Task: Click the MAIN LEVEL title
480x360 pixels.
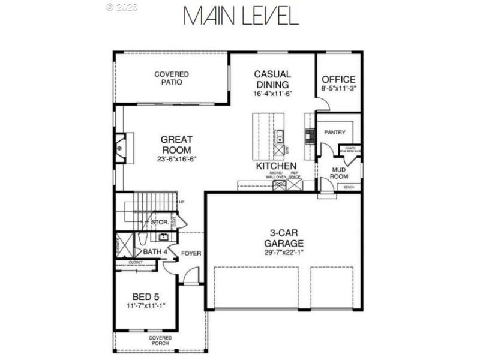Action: tap(240, 16)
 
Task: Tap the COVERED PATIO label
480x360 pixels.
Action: tap(172, 78)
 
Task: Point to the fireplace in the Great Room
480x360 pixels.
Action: tap(121, 146)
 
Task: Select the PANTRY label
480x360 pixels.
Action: tap(335, 132)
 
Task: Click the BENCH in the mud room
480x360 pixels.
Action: tap(349, 188)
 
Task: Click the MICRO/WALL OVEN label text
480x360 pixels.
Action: tap(278, 175)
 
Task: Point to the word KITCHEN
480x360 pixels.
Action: tap(276, 166)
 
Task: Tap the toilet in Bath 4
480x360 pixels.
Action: tap(141, 241)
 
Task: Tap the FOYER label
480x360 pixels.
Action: tap(191, 253)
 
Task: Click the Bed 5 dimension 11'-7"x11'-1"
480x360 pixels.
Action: tap(146, 306)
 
